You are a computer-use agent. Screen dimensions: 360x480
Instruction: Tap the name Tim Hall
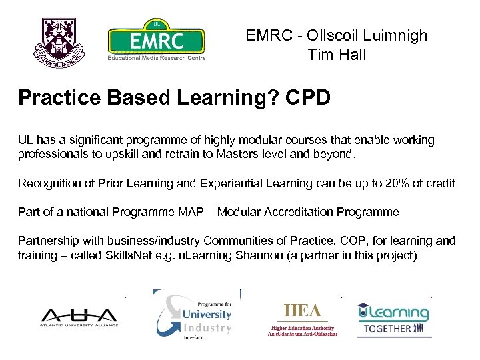click(337, 55)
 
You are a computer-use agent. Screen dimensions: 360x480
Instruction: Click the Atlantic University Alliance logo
click(79, 317)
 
